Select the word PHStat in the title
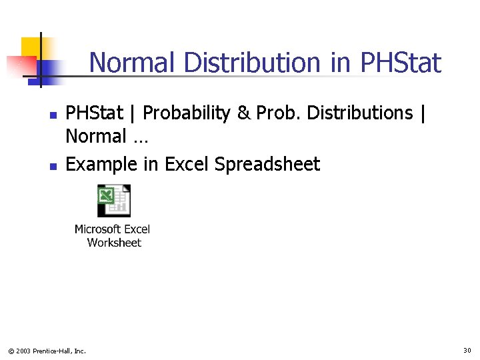coord(400,63)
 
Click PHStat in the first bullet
coord(94,114)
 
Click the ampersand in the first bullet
coord(243,114)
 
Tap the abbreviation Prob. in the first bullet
coord(277,114)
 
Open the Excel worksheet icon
coord(113,200)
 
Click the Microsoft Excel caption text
coord(112,229)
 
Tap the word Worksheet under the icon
coord(114,243)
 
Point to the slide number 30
coord(467,350)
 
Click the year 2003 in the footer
coord(23,351)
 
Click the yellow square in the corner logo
coord(31,47)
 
